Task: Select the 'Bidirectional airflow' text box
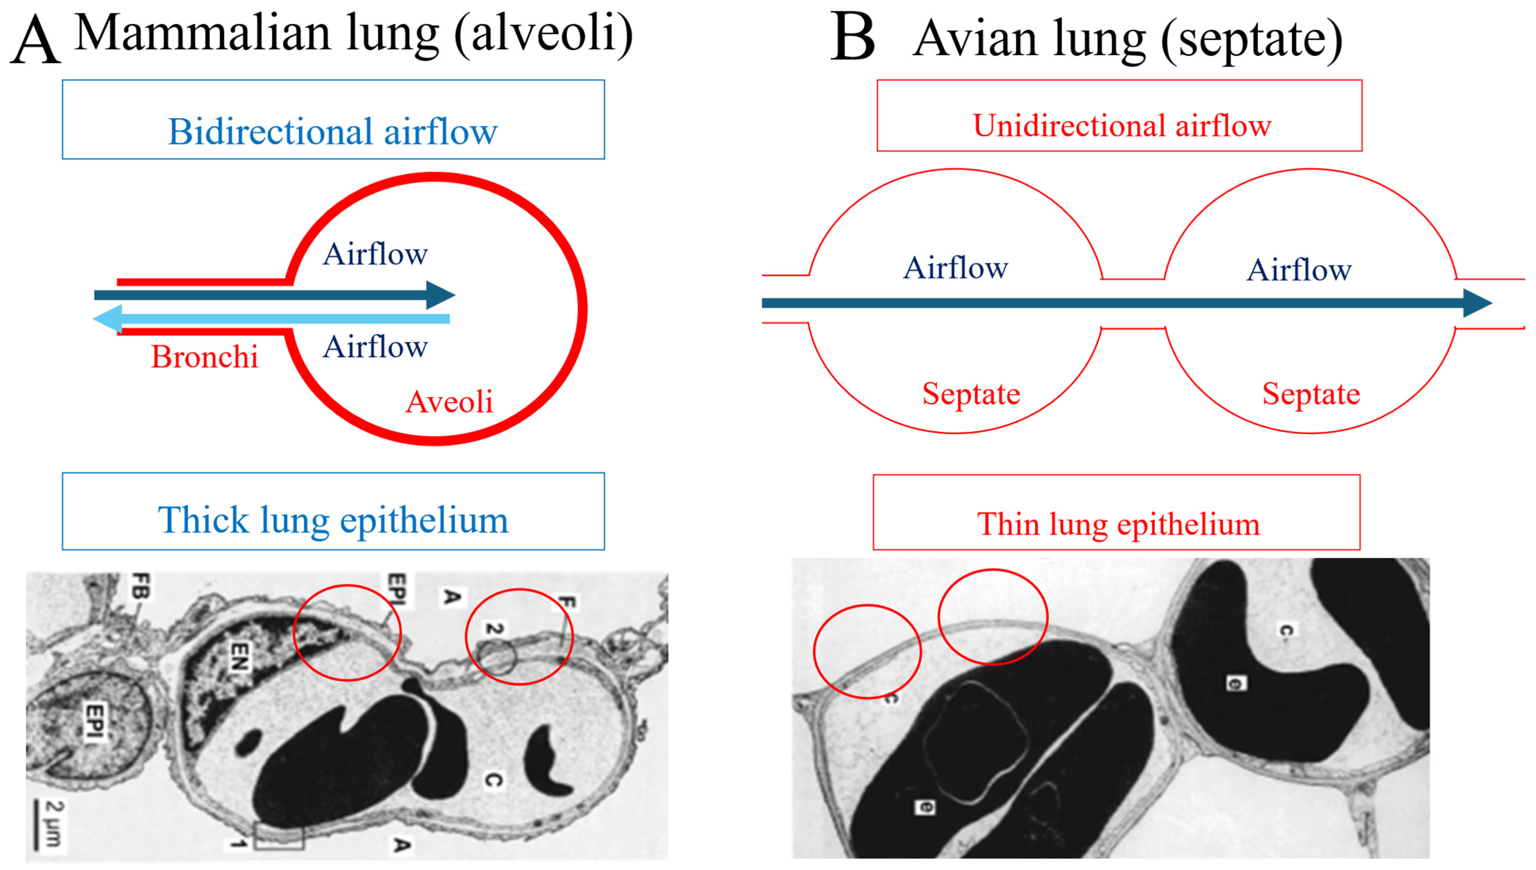(x=333, y=120)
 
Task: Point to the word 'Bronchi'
(x=205, y=357)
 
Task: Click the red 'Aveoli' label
(x=449, y=401)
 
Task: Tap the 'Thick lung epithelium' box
(x=333, y=511)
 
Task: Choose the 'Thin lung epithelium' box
(x=1116, y=513)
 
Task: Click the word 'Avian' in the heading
(x=975, y=40)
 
